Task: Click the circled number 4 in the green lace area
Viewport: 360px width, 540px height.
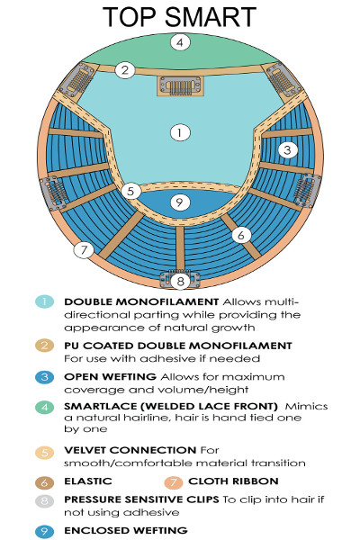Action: (180, 42)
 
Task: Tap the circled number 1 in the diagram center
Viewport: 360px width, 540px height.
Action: (180, 132)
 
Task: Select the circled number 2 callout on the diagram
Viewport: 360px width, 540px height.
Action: (125, 70)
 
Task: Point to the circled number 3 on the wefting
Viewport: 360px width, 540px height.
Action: (288, 149)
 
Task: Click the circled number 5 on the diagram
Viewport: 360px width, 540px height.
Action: (130, 191)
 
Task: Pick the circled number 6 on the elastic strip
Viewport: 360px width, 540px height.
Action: (241, 235)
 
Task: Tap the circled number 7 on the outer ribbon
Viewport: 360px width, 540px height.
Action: (84, 250)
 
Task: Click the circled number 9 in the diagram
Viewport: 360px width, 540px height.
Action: (180, 202)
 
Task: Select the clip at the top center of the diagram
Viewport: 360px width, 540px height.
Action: (180, 85)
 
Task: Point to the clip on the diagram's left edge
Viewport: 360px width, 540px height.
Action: (54, 193)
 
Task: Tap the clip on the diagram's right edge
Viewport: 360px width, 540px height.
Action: (307, 191)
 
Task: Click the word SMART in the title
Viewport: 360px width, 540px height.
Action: (211, 16)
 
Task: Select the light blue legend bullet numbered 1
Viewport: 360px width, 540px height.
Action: (45, 302)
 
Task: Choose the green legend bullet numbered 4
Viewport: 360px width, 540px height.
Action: (45, 407)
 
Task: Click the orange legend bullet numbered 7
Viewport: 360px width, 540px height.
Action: (174, 482)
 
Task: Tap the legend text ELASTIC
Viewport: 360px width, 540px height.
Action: (88, 481)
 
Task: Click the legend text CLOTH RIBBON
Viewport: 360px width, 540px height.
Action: (233, 481)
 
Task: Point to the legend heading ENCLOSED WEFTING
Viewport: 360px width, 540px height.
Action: (126, 530)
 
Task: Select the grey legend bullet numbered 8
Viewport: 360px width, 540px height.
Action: (45, 500)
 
